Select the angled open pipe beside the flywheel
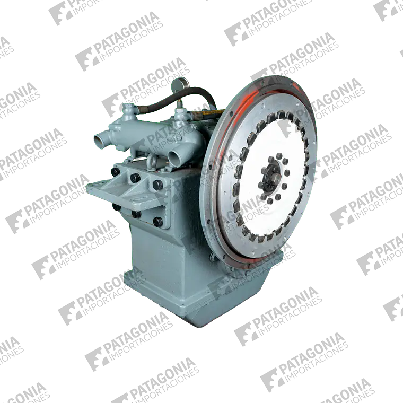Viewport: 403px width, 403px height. pos(175,157)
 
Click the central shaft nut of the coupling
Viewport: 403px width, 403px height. pos(274,177)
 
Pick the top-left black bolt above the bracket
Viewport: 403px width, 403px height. pos(116,172)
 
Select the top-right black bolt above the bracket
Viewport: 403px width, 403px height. pos(157,185)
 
